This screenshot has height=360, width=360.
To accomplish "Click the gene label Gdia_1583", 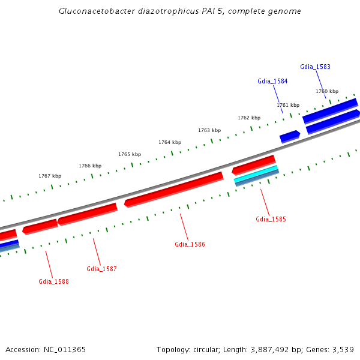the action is click(x=315, y=67).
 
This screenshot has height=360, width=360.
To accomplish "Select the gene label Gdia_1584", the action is click(x=272, y=81).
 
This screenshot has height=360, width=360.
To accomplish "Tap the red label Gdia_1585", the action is click(x=271, y=219).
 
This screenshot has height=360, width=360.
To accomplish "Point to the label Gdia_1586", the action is click(x=190, y=244).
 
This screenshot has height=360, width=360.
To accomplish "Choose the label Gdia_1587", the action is click(x=101, y=269).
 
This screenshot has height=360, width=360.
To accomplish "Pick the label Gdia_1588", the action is click(x=53, y=281).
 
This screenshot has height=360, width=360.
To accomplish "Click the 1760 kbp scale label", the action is click(x=327, y=91).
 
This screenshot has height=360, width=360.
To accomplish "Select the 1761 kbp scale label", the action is click(x=288, y=105).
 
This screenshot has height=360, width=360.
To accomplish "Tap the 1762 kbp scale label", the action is click(x=249, y=118).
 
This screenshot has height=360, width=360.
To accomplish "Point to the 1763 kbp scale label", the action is click(x=209, y=130).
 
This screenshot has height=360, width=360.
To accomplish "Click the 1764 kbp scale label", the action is click(x=170, y=142).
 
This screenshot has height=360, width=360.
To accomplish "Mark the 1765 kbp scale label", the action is click(x=130, y=154).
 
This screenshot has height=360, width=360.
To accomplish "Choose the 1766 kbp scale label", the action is click(x=90, y=166).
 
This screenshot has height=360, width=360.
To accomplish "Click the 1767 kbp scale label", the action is click(x=50, y=176).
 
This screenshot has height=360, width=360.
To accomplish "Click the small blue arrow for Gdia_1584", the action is click(x=290, y=136).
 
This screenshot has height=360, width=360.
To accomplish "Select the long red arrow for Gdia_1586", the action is click(x=174, y=188).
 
